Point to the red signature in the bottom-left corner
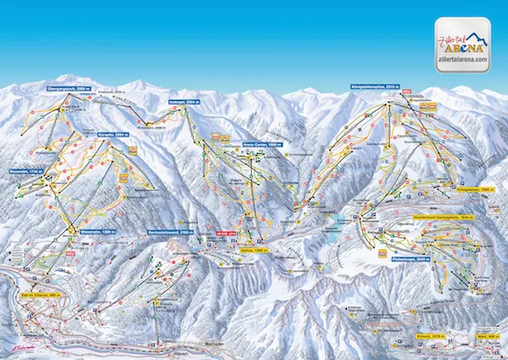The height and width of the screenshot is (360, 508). (x=18, y=348)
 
